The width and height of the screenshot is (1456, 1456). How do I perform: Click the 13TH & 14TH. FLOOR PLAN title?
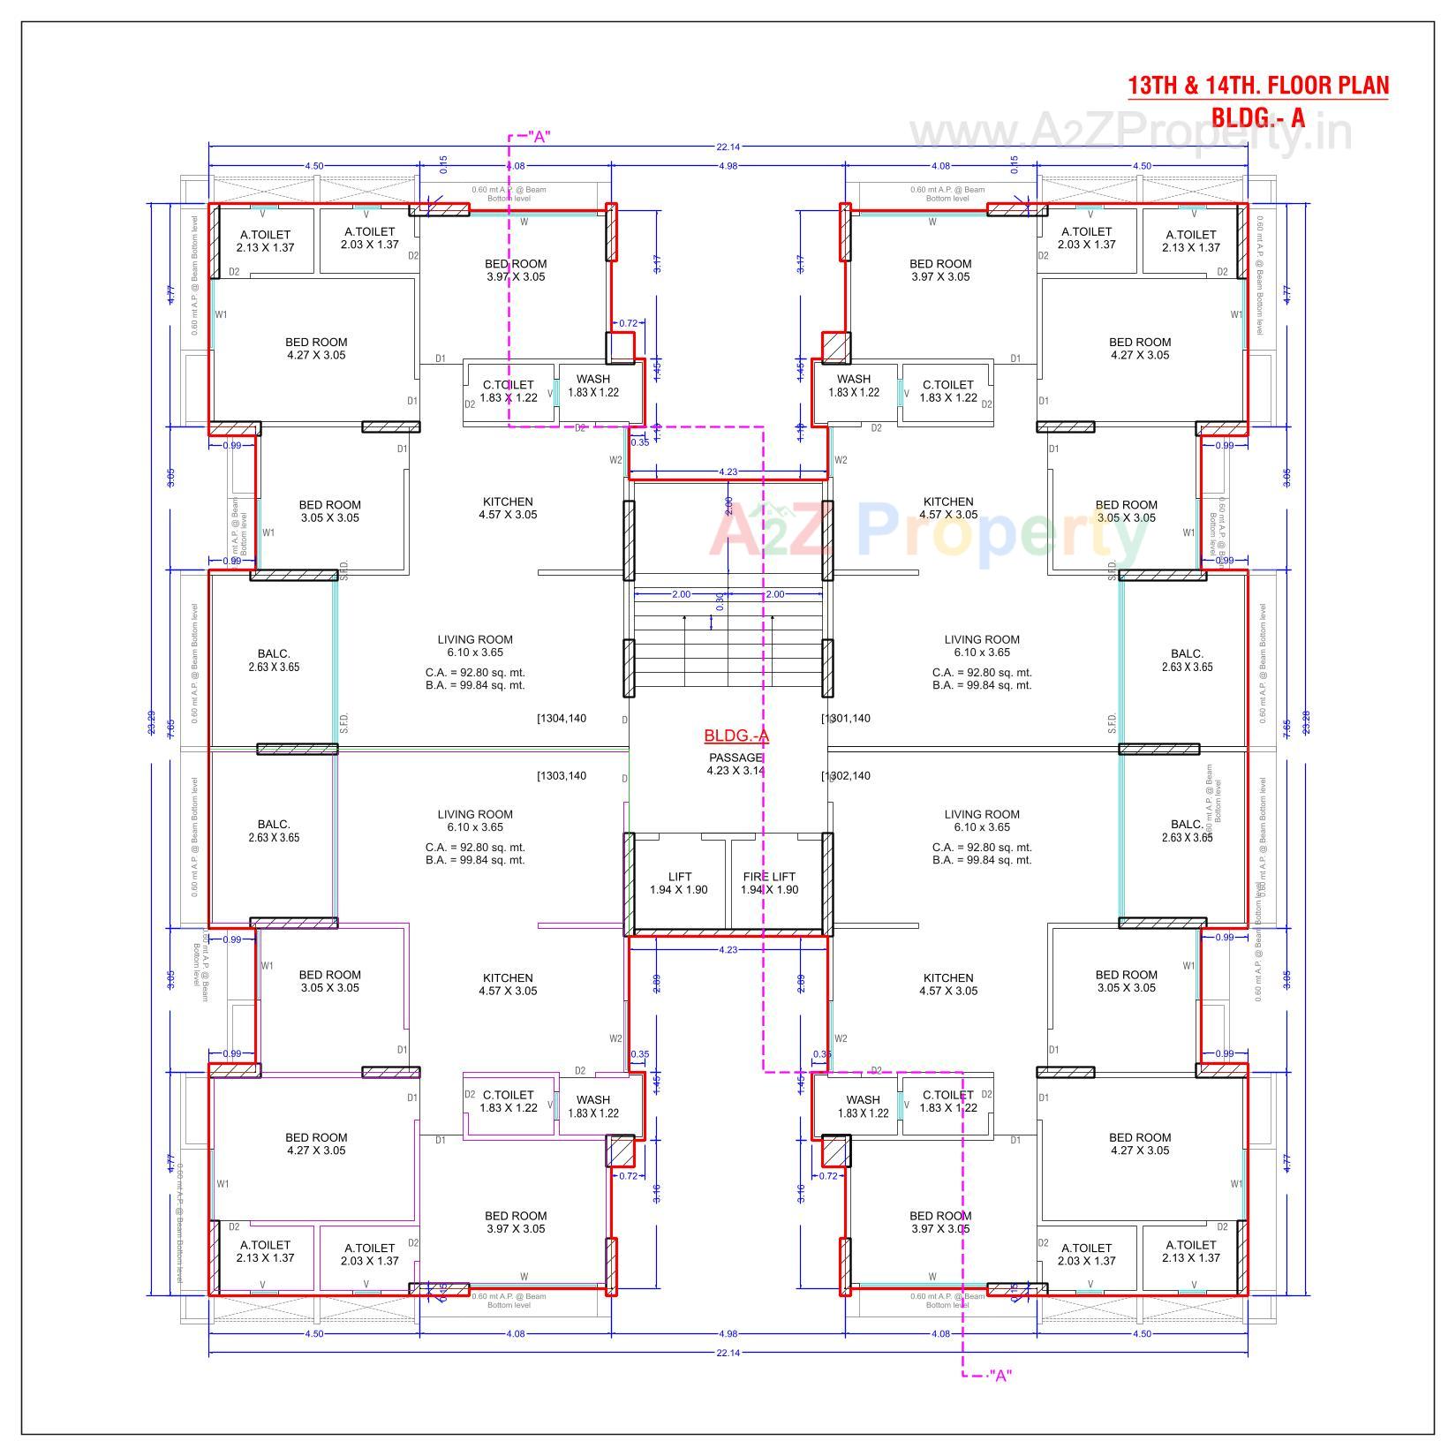(1257, 86)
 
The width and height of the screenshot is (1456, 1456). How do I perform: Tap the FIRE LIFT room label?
(769, 883)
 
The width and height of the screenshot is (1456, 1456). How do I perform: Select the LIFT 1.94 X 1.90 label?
(679, 883)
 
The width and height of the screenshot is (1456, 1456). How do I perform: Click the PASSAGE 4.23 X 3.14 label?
(736, 764)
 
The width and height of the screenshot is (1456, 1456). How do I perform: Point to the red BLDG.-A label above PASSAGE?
(736, 736)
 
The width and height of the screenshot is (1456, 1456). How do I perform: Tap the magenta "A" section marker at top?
(539, 137)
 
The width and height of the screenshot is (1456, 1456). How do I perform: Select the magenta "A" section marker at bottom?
(1000, 1375)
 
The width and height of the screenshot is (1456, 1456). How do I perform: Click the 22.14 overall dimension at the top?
(728, 147)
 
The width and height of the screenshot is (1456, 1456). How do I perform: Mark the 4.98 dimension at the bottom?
(728, 1333)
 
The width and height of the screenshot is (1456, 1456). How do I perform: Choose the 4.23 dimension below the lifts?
(728, 950)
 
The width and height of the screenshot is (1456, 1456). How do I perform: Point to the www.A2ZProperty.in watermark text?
(1130, 132)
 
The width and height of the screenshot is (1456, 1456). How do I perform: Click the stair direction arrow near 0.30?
(712, 622)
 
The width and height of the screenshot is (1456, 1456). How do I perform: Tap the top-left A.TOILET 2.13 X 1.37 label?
(265, 241)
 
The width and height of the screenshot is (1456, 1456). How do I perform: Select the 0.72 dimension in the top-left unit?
(628, 324)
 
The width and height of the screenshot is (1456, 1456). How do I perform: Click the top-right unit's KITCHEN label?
(947, 508)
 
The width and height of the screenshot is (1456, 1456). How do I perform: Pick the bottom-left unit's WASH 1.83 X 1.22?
(592, 1106)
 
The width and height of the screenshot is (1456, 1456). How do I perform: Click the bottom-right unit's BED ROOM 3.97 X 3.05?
(939, 1222)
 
